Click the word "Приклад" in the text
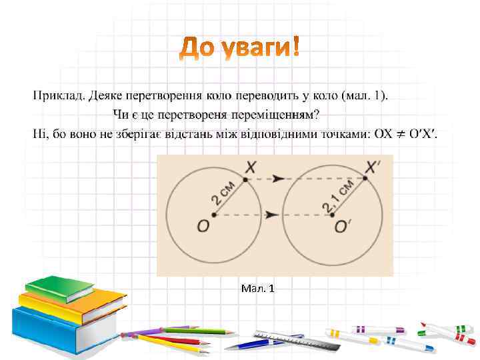57,97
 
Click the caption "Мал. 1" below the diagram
257,289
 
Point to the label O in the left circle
203,227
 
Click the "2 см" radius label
224,194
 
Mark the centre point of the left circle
213,215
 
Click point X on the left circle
245,179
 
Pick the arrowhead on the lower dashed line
270,215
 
